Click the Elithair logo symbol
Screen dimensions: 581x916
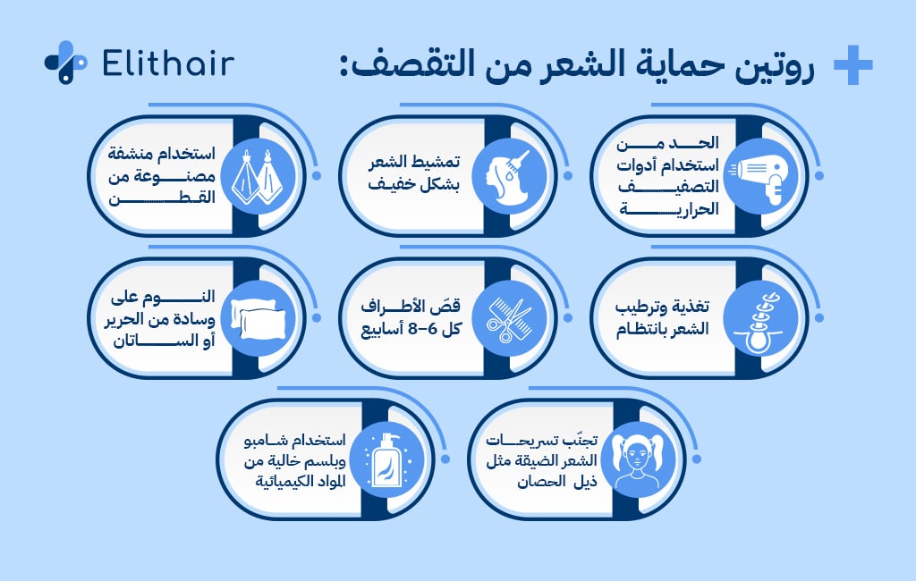click(65, 63)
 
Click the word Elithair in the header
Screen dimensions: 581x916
click(168, 63)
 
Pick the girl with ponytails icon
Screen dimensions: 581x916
click(638, 459)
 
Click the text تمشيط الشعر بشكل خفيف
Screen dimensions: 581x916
click(416, 173)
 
